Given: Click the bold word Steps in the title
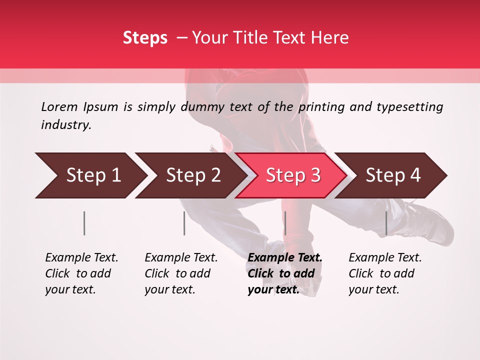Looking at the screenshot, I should tap(145, 38).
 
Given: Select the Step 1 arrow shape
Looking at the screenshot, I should tap(90, 175).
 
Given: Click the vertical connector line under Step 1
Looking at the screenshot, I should tap(84, 223).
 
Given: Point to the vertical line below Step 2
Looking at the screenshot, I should tap(184, 223).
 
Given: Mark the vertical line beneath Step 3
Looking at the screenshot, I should tap(285, 223).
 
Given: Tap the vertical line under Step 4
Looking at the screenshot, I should tap(386, 223).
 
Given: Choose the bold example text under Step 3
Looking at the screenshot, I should tap(284, 273).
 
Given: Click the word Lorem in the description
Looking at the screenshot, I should tap(59, 107).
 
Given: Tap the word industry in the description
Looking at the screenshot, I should tap(66, 125).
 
